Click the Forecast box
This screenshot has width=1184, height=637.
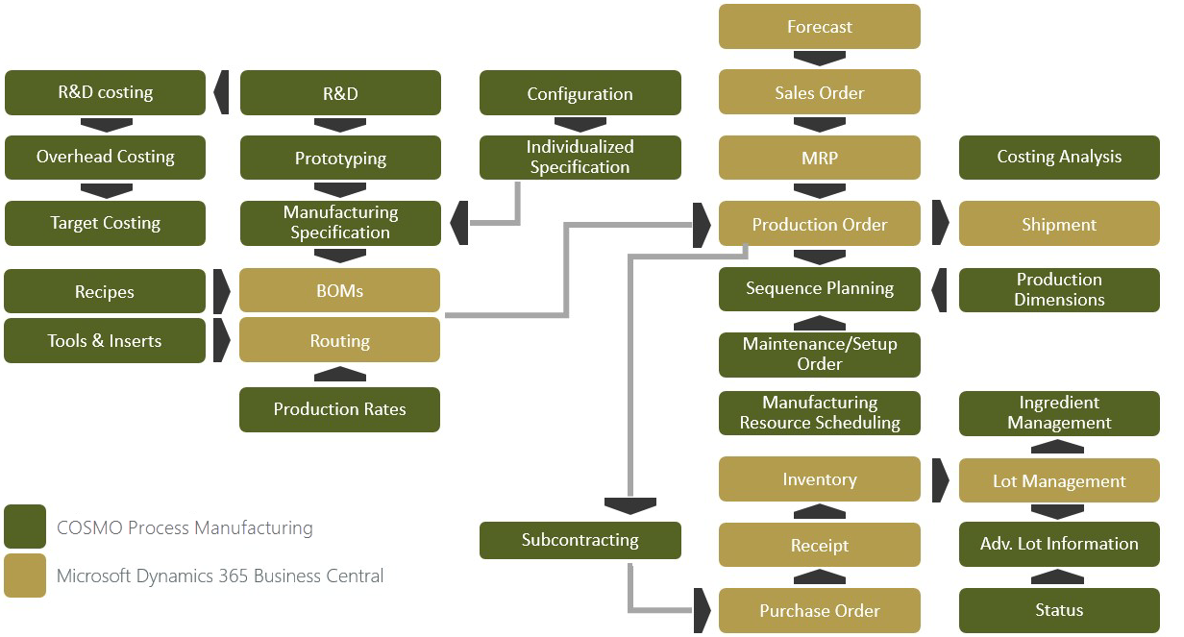(x=820, y=27)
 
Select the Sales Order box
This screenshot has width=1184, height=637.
(x=820, y=93)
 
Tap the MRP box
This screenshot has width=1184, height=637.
(x=820, y=158)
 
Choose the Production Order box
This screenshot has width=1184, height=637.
(x=820, y=224)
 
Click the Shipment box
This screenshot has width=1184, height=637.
(x=1059, y=224)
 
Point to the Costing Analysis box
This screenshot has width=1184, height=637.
(x=1059, y=158)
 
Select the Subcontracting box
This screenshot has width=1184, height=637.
(x=580, y=540)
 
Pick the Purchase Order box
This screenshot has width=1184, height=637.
(x=820, y=611)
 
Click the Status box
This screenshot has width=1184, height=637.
(x=1059, y=611)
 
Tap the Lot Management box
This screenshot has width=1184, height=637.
(x=1059, y=480)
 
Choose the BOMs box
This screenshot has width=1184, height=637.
(x=340, y=290)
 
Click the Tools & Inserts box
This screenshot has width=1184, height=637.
(x=105, y=341)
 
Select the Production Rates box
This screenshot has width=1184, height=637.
(x=340, y=409)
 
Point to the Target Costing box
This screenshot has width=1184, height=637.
(x=105, y=223)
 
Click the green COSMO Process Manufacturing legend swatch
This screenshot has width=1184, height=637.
(x=25, y=527)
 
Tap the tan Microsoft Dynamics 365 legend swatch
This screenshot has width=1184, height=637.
(x=25, y=576)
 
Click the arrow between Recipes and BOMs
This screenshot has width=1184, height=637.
(x=222, y=291)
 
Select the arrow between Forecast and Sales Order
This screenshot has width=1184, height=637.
(x=820, y=59)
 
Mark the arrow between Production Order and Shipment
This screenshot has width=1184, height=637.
(x=941, y=224)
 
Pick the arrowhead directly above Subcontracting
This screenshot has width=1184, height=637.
(x=629, y=505)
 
